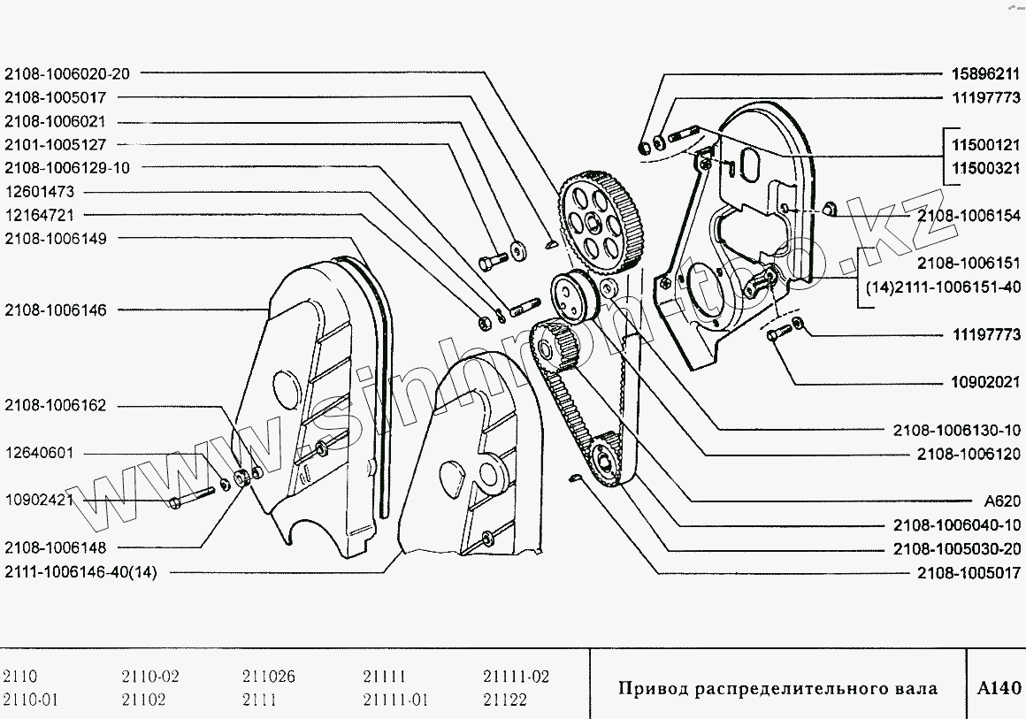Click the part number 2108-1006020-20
[x=66, y=74]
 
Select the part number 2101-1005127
[x=56, y=144]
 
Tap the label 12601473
[x=40, y=191]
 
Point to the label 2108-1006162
[x=56, y=406]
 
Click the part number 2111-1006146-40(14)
[x=80, y=571]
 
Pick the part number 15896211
[x=985, y=74]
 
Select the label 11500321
[x=985, y=167]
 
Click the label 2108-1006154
[x=969, y=215]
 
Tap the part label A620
[x=1001, y=501]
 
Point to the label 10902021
[x=985, y=383]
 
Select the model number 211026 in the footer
[x=268, y=677]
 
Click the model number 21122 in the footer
[x=505, y=700]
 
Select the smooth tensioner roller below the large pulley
[x=575, y=298]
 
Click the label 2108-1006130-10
[x=958, y=430]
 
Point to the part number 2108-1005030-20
[x=958, y=547]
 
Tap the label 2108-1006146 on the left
[x=56, y=310]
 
